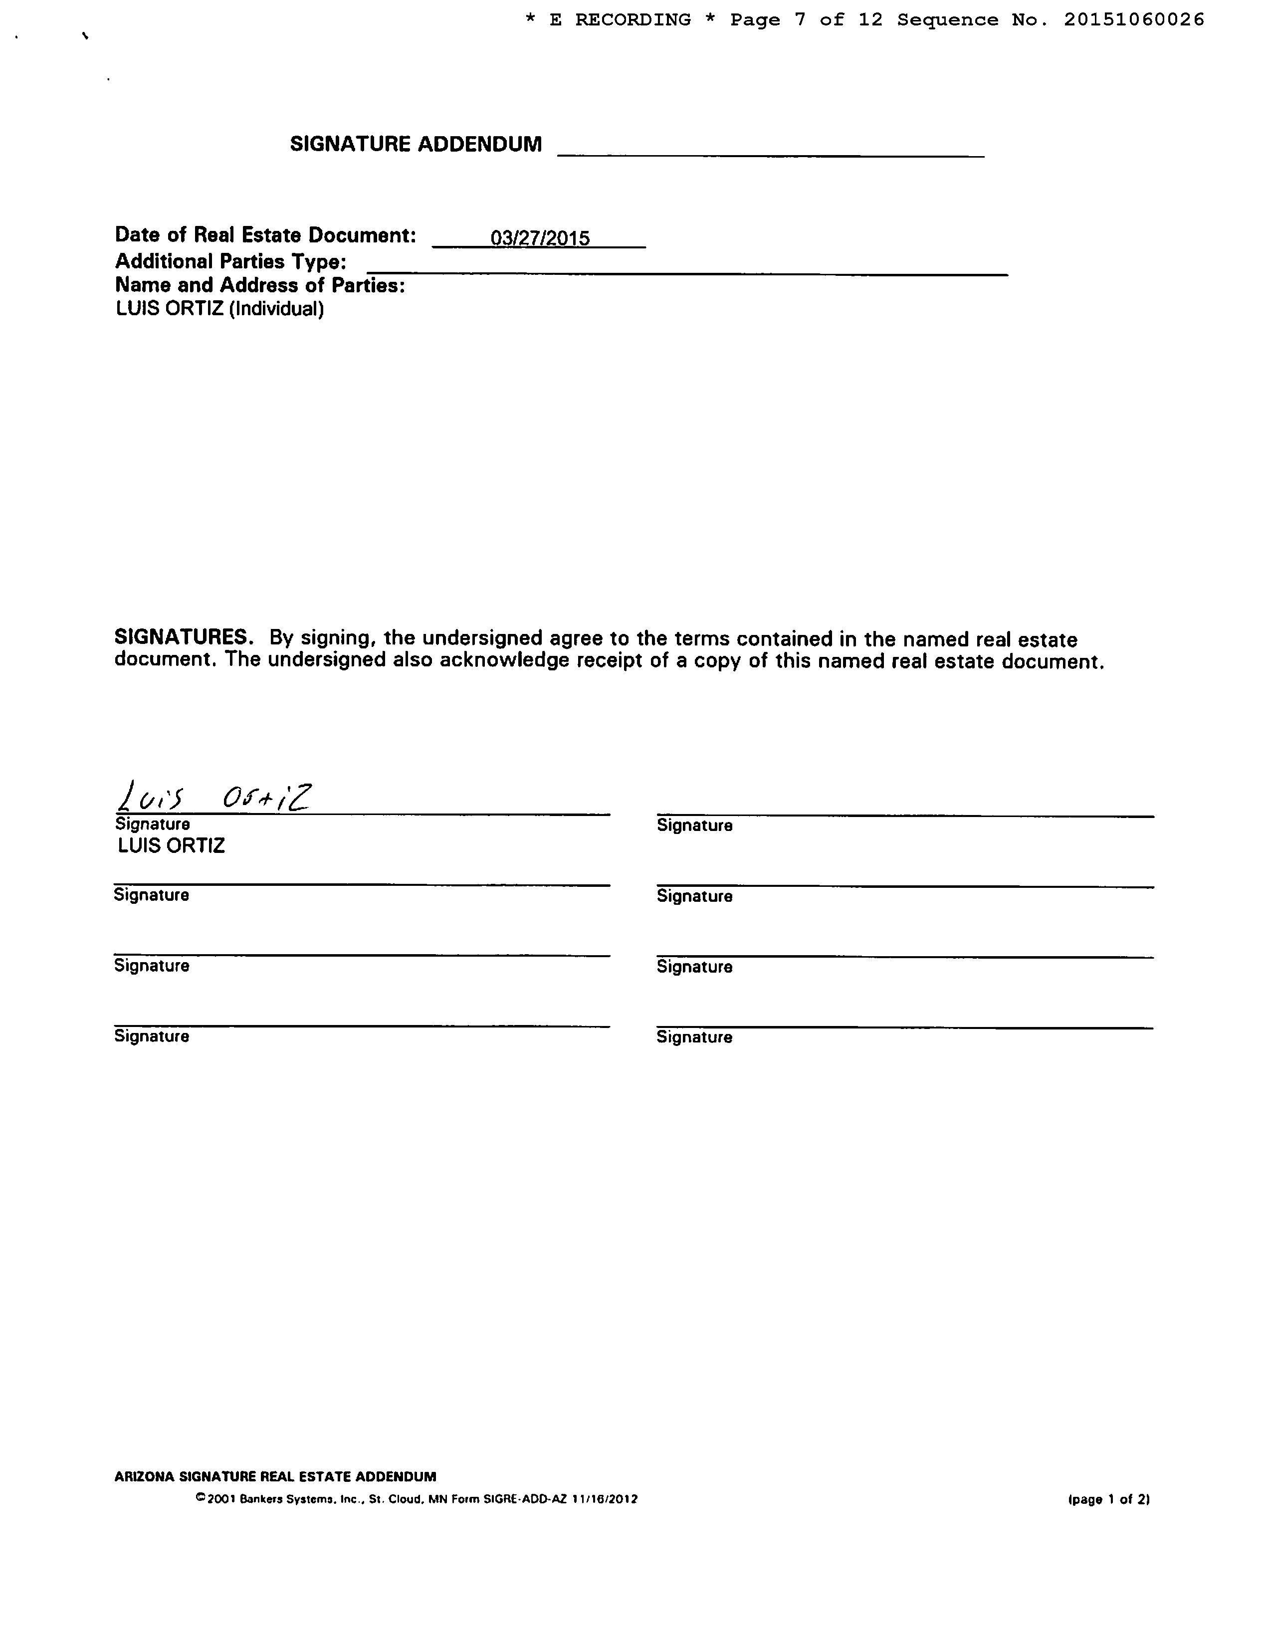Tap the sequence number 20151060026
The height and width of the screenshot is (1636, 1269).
pos(1134,20)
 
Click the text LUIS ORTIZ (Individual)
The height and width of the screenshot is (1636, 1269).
pos(219,309)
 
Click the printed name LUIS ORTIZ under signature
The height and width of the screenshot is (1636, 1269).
pos(172,846)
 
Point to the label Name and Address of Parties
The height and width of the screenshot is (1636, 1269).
pos(260,285)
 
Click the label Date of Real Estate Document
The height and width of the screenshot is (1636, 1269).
pos(265,235)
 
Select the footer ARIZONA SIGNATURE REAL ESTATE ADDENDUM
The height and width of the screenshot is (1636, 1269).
pos(275,1476)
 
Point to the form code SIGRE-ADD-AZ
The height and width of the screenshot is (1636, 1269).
pos(525,1499)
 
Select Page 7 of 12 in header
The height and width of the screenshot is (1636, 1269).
pos(807,20)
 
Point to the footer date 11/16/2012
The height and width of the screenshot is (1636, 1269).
pos(605,1499)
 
